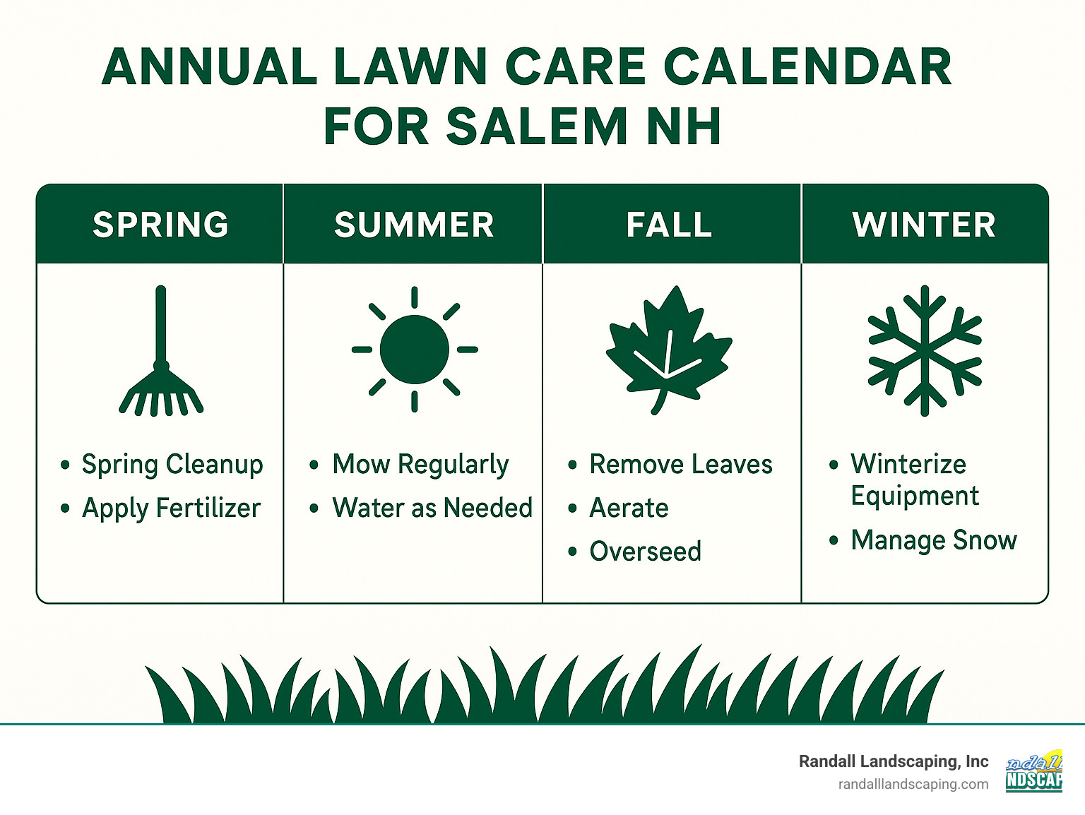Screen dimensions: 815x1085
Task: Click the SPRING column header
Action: click(x=160, y=225)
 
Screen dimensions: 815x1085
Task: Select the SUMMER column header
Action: click(x=414, y=225)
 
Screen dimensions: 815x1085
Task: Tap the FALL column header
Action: click(x=670, y=225)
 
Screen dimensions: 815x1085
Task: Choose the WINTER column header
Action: click(x=924, y=225)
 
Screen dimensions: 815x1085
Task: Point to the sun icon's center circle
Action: click(x=415, y=350)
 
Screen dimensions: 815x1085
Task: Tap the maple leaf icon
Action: click(x=668, y=350)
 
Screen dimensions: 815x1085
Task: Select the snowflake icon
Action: click(x=925, y=350)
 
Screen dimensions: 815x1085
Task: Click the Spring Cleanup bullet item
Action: click(x=172, y=465)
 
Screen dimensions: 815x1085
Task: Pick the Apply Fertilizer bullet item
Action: click(x=171, y=508)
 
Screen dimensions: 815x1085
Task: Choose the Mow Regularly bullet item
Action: click(x=420, y=465)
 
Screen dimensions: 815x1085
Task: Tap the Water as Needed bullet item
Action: click(x=432, y=508)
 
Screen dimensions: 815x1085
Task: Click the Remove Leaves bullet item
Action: click(x=680, y=465)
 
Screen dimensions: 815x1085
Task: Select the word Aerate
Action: click(x=629, y=508)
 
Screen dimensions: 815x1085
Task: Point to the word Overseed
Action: click(x=645, y=552)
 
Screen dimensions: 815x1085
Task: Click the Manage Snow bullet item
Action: click(x=933, y=540)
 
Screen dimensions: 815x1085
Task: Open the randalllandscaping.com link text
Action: click(x=913, y=784)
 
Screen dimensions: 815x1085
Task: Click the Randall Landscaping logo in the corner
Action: click(x=1034, y=771)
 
